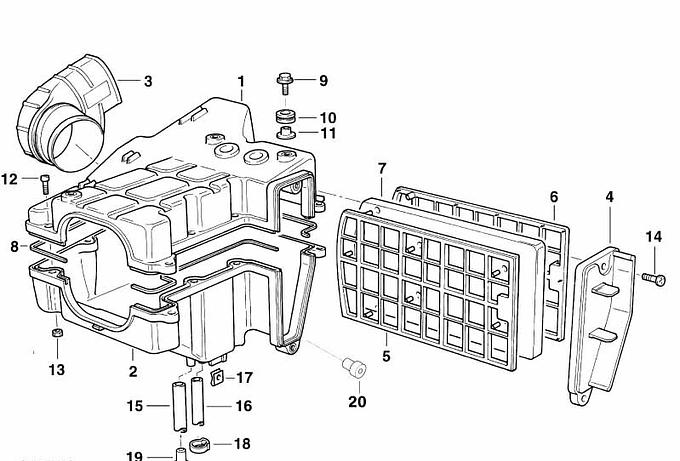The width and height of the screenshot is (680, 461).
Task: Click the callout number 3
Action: [x=147, y=81]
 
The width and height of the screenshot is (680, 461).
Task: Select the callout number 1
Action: [x=241, y=80]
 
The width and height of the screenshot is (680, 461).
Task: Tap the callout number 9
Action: [x=323, y=80]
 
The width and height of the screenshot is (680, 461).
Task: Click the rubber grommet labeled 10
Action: [x=287, y=118]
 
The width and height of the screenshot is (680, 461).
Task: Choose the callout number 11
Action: [x=328, y=133]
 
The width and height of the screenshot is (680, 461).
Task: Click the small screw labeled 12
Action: [x=46, y=181]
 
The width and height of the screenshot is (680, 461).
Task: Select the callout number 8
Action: [x=14, y=246]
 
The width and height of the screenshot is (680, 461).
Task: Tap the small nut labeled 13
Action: [x=58, y=334]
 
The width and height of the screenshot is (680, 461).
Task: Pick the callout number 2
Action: [x=132, y=371]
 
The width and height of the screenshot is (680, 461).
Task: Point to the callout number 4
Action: [x=610, y=198]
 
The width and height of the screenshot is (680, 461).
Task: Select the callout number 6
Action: [x=553, y=197]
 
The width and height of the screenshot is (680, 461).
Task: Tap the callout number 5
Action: [x=386, y=354]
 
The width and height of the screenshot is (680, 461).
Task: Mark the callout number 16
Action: [x=244, y=406]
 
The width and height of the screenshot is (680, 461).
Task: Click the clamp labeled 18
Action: [x=197, y=444]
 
